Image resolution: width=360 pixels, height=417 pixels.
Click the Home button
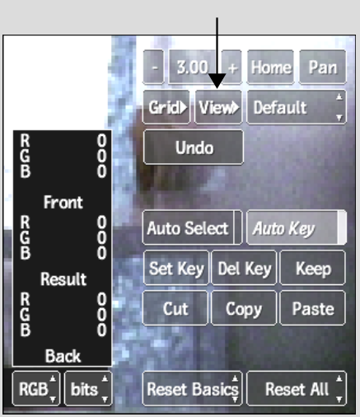coord(270,67)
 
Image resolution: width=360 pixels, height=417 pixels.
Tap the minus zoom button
coord(154,67)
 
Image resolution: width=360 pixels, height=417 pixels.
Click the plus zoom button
coord(232,67)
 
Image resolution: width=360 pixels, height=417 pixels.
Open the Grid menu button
coord(166,107)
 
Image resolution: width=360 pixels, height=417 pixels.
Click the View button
coord(218,107)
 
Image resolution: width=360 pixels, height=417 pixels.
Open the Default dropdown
coord(297,107)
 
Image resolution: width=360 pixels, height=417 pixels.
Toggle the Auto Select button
coord(192,227)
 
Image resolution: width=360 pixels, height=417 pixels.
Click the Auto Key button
coord(297,227)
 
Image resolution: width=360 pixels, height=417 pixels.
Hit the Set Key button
coord(176,268)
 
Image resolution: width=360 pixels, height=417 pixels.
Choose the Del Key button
coord(244,268)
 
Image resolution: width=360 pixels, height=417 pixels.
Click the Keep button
coord(312,268)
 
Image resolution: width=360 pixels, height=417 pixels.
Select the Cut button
coord(175,308)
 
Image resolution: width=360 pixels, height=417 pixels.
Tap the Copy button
coord(244,308)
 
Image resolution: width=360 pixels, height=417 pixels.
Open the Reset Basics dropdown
coord(192,389)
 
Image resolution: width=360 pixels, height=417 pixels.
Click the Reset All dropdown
coord(297,389)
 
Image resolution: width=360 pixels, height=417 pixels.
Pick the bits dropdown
coord(88,389)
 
